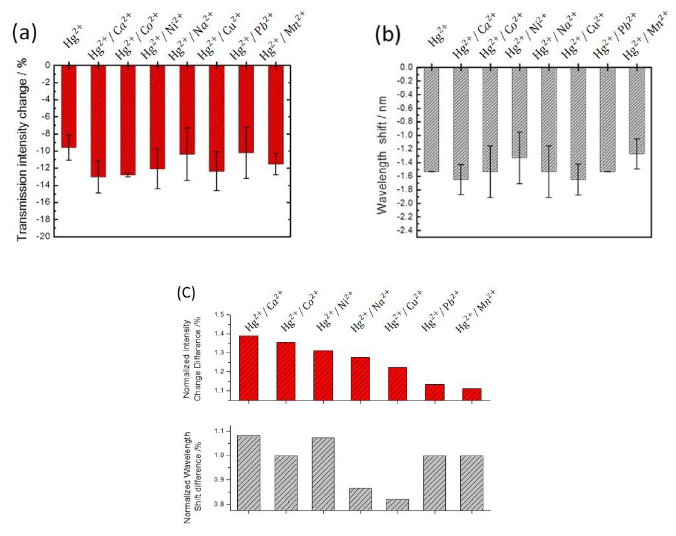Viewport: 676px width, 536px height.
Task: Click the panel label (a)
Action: [x=24, y=34]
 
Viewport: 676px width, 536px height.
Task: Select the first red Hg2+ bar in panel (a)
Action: [x=69, y=107]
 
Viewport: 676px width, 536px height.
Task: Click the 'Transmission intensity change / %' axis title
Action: [x=23, y=150]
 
